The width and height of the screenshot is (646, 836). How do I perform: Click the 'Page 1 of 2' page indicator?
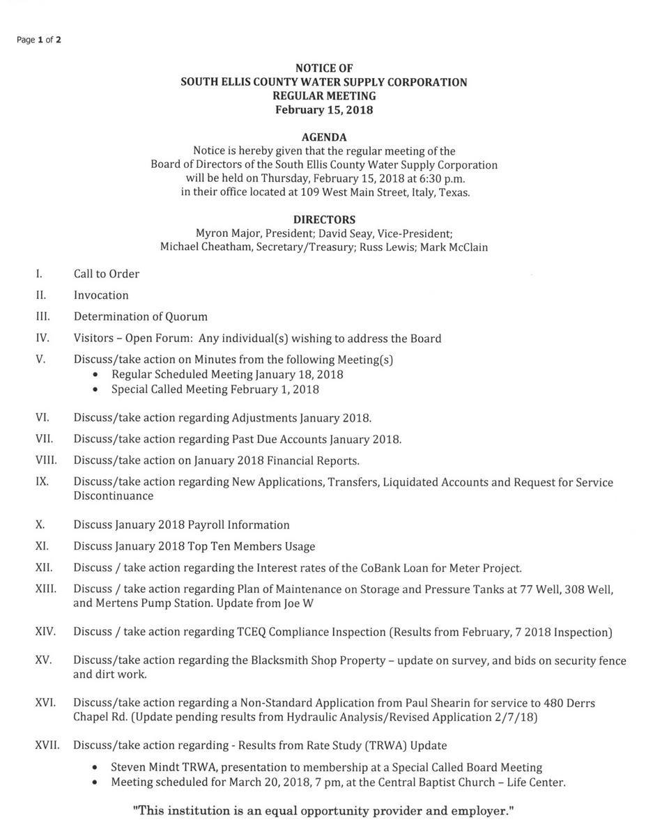coord(39,40)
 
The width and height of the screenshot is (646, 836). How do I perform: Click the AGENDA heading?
coord(324,137)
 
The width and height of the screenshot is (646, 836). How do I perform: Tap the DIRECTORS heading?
coord(324,219)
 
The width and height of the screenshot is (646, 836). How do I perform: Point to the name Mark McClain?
coord(454,247)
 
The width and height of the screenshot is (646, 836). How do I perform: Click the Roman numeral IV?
coord(43,338)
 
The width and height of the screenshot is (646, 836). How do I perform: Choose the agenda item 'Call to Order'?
coord(107,274)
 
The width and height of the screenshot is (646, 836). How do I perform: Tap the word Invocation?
coord(101,295)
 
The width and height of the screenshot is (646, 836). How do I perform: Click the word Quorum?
coord(186,317)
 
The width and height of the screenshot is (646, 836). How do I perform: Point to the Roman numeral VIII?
coord(46,460)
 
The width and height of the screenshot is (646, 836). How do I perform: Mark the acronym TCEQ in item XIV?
coord(252,632)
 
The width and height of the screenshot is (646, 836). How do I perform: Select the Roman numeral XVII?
coord(47,745)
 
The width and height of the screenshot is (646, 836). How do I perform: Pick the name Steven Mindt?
coord(146,767)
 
